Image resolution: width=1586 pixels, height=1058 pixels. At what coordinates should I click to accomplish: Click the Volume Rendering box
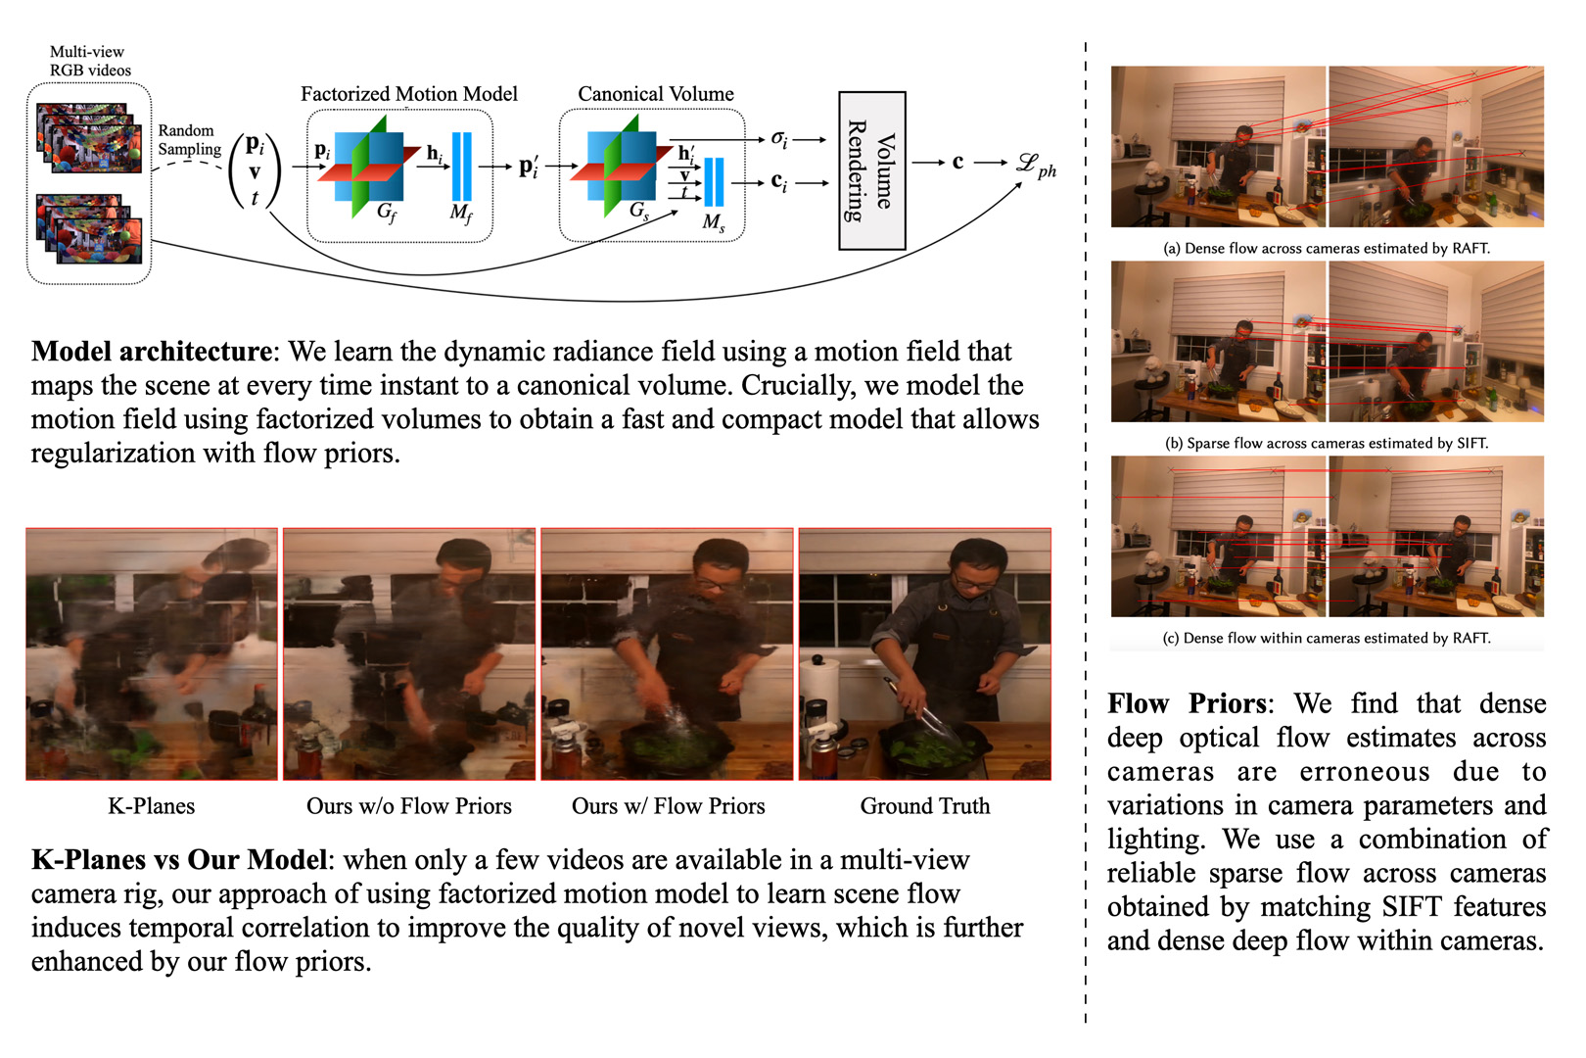(872, 170)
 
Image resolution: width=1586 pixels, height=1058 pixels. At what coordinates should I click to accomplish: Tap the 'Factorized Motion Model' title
(409, 93)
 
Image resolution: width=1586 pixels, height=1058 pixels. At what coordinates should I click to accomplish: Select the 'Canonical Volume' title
(656, 93)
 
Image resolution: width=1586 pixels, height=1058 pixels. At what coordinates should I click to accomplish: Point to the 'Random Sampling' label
(189, 140)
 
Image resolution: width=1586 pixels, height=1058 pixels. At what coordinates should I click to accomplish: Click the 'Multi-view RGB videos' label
(90, 61)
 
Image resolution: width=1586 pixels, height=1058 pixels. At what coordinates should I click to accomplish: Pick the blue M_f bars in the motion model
(462, 167)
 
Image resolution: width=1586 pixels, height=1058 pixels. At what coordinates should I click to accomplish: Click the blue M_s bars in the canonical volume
(714, 182)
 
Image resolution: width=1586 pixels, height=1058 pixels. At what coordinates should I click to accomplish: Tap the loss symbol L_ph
(1036, 167)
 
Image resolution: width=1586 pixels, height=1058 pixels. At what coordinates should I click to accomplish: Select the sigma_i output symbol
(779, 139)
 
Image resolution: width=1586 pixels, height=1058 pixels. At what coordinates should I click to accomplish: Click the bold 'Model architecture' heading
(152, 352)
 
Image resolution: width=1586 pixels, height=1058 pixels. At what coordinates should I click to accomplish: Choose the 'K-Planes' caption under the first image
(152, 805)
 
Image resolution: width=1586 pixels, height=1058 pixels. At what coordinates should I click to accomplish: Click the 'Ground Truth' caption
(925, 805)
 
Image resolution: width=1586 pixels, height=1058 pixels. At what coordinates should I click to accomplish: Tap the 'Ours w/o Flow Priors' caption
(408, 805)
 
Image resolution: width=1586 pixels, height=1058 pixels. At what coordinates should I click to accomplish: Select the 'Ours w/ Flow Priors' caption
(668, 805)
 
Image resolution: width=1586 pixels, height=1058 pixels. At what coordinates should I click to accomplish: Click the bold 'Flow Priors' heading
(1187, 703)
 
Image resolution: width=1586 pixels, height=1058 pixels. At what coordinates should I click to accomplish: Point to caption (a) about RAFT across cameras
(1327, 249)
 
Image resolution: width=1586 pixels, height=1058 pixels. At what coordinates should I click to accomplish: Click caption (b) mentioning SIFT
(1327, 444)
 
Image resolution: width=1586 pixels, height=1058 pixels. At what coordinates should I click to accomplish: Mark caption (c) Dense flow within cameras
(1327, 639)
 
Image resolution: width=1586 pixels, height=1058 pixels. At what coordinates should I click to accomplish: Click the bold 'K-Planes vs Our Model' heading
(179, 859)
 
